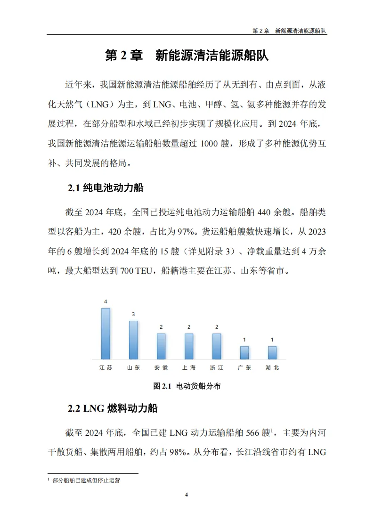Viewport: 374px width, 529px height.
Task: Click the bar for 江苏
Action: [x=106, y=334]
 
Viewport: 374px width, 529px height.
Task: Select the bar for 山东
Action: [x=133, y=340]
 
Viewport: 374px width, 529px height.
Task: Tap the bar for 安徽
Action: [x=161, y=346]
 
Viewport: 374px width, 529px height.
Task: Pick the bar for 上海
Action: [x=189, y=346]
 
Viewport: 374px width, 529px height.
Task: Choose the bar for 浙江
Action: [x=217, y=346]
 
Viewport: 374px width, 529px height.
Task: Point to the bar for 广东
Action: [x=244, y=353]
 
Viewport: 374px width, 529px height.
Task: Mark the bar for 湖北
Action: [x=272, y=353]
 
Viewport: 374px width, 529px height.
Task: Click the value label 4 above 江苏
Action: [x=106, y=301]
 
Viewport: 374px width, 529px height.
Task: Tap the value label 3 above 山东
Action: [x=133, y=314]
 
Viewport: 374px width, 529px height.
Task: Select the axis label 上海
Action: [x=189, y=368]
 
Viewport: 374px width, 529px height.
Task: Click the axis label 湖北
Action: [x=272, y=368]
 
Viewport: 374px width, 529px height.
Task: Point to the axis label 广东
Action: [x=244, y=368]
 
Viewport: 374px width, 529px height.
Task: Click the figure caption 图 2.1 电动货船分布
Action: [x=187, y=386]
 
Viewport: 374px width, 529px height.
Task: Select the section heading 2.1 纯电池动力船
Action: [x=106, y=188]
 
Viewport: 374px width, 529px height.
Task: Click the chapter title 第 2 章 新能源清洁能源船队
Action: [x=187, y=56]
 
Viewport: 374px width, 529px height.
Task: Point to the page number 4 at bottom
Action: [x=187, y=495]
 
